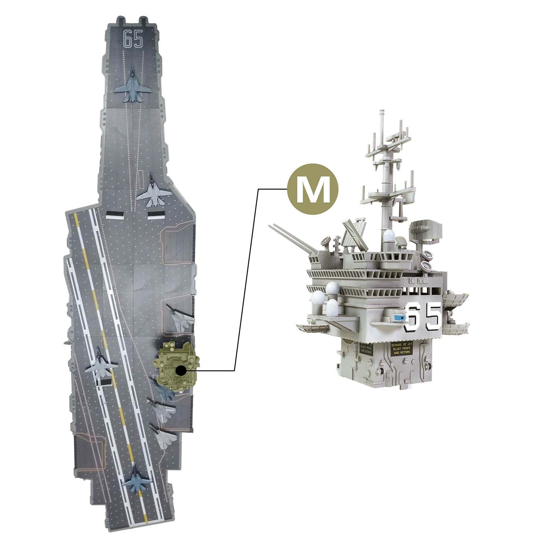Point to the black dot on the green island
tap(180, 371)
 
